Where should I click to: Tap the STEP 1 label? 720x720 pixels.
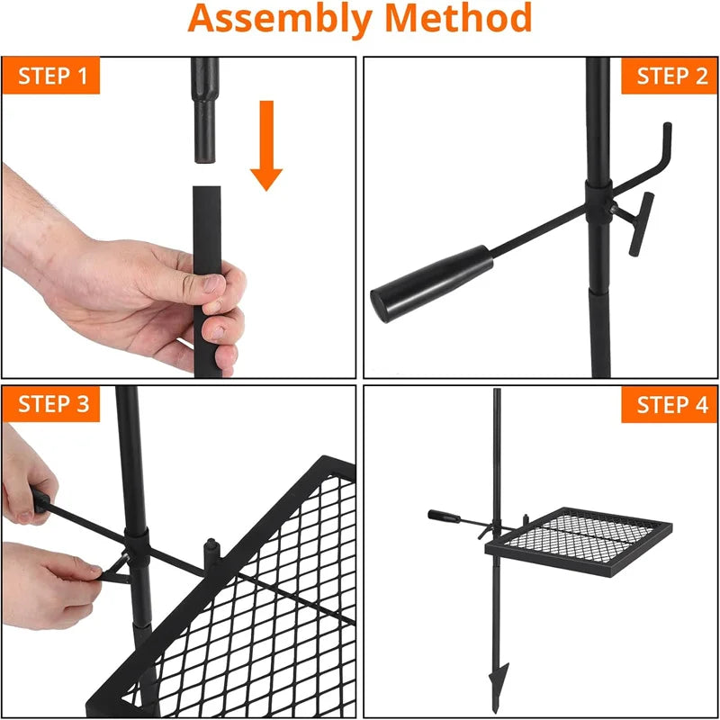tap(50, 76)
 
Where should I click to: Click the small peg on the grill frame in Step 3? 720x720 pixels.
tap(212, 552)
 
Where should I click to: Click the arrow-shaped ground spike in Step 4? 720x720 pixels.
tap(499, 670)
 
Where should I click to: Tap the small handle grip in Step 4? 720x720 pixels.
tap(444, 517)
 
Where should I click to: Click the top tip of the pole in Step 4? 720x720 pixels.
tap(497, 391)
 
